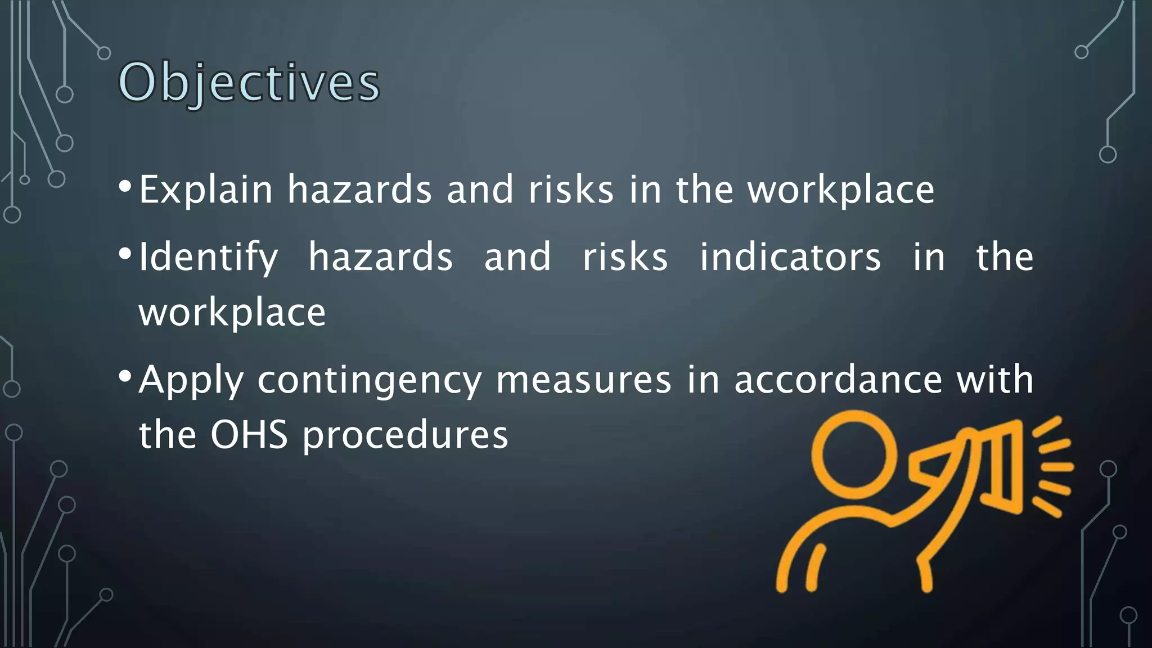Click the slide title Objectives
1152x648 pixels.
pos(249,83)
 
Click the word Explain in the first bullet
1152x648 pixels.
pos(205,190)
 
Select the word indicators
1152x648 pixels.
pos(790,258)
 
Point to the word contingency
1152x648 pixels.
pos(370,381)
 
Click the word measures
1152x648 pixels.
pos(583,381)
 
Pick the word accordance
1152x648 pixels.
pos(838,380)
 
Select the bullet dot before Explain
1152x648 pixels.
pos(125,185)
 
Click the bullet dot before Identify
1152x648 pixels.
pos(125,253)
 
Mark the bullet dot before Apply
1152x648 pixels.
pos(125,375)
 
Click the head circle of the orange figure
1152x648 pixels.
pos(854,454)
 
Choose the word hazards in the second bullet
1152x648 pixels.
pos(380,258)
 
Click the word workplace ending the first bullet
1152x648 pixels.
pos(840,191)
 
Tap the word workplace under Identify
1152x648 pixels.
pos(232,313)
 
